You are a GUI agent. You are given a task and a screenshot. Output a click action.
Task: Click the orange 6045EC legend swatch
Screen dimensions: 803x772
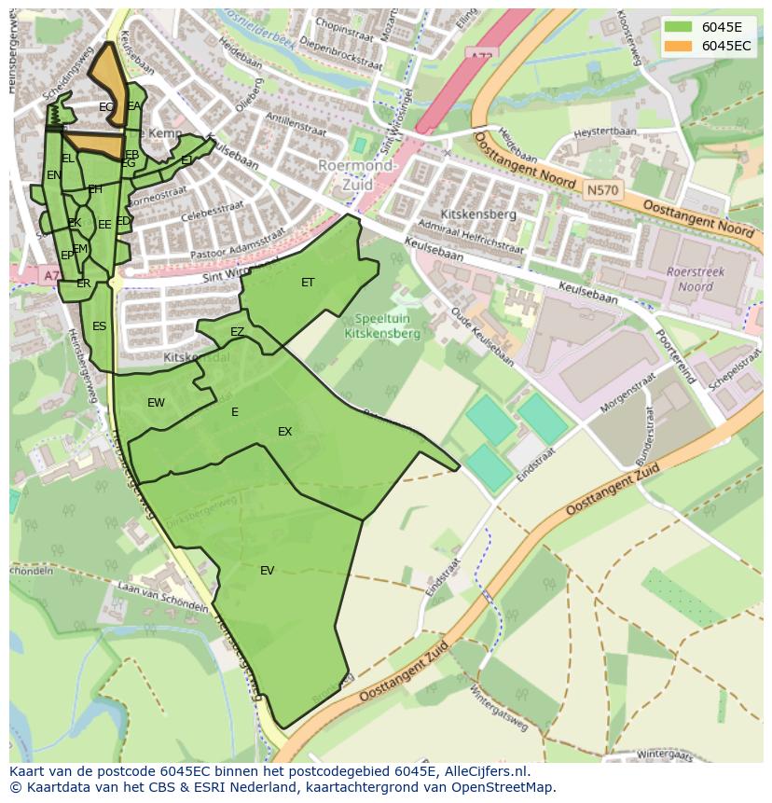(x=678, y=45)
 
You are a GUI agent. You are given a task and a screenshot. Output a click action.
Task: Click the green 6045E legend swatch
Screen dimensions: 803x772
(x=678, y=26)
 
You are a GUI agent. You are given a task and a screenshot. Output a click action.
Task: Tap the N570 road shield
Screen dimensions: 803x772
(x=601, y=189)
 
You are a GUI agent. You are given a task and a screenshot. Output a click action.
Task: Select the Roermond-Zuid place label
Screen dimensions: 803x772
(x=357, y=175)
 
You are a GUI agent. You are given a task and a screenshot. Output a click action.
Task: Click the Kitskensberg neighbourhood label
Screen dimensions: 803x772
(x=478, y=215)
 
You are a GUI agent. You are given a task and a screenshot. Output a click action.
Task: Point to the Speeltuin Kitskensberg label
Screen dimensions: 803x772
(x=381, y=325)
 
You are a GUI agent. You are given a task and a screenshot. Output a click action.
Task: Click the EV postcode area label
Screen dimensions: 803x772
(x=268, y=571)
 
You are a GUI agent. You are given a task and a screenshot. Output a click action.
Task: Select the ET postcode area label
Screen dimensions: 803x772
(x=308, y=283)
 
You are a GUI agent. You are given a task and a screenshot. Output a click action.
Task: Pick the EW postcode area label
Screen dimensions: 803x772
(x=156, y=403)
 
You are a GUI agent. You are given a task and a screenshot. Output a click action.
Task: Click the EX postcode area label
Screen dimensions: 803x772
(x=284, y=432)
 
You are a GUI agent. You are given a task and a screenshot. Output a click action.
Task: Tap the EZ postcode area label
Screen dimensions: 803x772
(x=237, y=332)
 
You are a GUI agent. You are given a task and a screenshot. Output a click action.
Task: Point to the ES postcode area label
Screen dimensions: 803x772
(x=99, y=326)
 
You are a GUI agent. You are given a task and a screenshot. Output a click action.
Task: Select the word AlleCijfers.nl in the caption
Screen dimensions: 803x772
(x=483, y=771)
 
